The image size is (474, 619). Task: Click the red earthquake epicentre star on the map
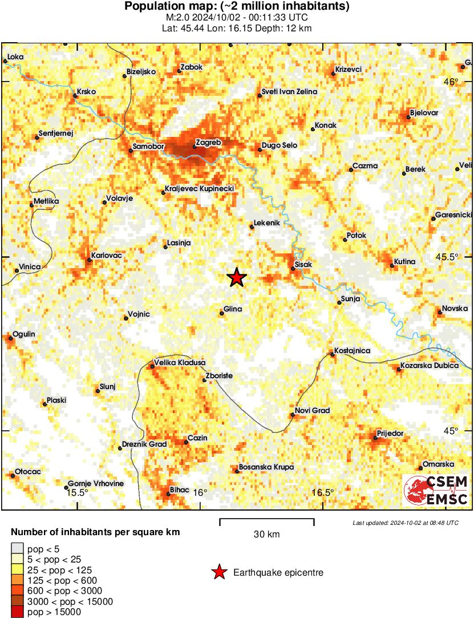pos(237,278)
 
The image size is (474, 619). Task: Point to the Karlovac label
pos(107,256)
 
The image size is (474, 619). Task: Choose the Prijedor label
pos(391,434)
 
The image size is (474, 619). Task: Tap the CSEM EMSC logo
pos(436,491)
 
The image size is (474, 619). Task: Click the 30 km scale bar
pos(267,520)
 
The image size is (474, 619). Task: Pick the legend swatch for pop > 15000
pos(18,612)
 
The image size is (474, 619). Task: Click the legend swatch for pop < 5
pos(18,549)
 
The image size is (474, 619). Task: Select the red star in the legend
pos(218,572)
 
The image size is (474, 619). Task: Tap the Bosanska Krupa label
pos(266,467)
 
